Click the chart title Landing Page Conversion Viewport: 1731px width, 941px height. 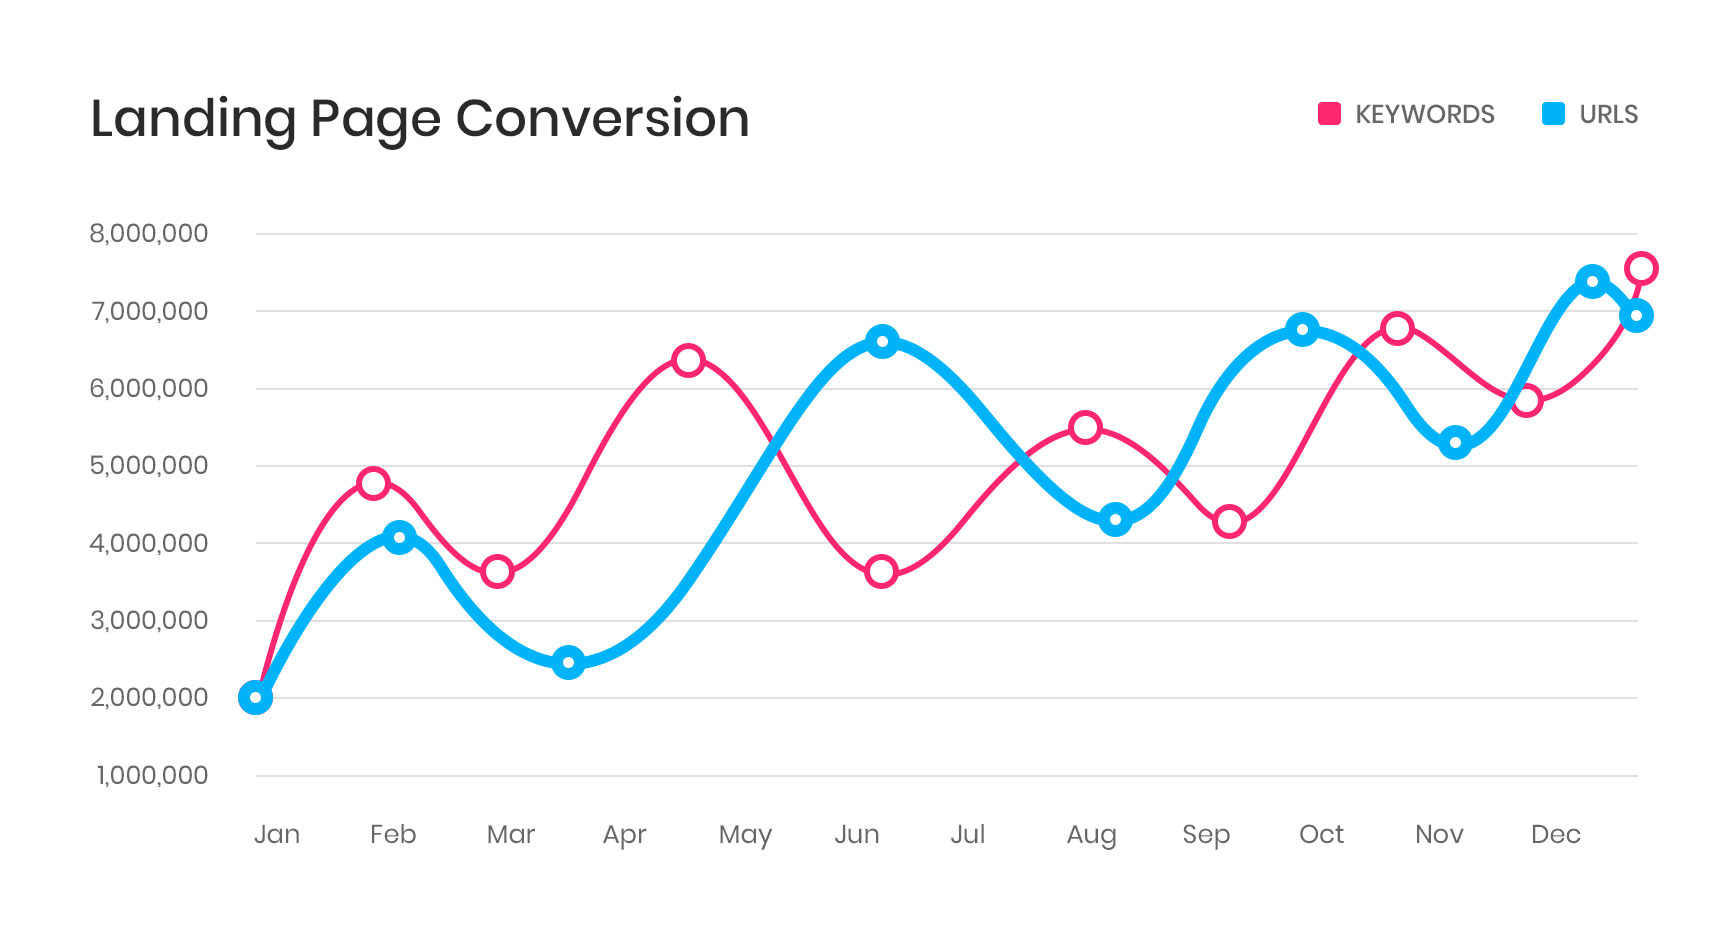[419, 119]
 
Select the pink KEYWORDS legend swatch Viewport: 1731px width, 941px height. [1329, 114]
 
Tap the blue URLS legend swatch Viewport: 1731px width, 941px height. [1553, 114]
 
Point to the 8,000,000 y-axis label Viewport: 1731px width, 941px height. [149, 234]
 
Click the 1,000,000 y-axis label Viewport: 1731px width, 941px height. [152, 775]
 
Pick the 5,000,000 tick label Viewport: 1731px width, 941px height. [149, 465]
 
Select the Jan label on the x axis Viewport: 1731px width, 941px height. [277, 834]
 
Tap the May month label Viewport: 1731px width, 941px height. [745, 835]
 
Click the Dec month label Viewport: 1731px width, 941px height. [1555, 834]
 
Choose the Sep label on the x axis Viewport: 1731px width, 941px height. [1206, 835]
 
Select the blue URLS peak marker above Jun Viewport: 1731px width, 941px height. [882, 342]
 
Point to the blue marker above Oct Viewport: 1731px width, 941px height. [1302, 329]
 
